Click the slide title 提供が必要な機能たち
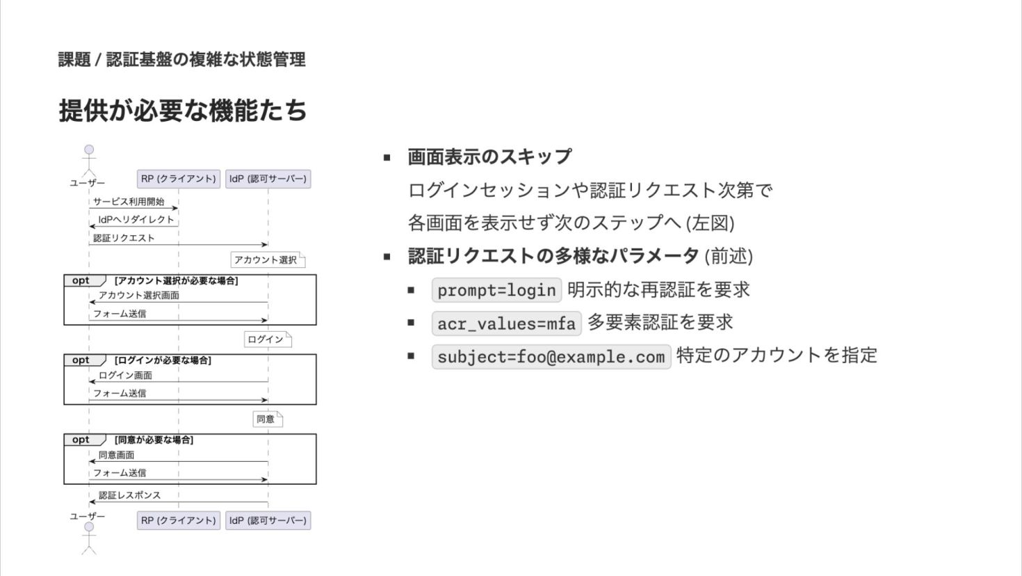[x=183, y=110]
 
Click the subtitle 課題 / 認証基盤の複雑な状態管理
[x=182, y=60]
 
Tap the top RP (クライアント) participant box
[x=179, y=179]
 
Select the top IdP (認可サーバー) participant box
[x=268, y=179]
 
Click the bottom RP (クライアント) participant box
[x=179, y=520]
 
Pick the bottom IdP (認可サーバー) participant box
[x=268, y=520]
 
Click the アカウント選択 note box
[x=266, y=260]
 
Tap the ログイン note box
[x=266, y=339]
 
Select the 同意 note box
[x=266, y=419]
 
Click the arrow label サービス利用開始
[x=129, y=202]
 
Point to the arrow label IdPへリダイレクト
[x=136, y=220]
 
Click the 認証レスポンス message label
[x=129, y=495]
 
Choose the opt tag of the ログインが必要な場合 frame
[x=81, y=360]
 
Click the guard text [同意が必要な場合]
[x=154, y=440]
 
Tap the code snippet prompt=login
[x=496, y=290]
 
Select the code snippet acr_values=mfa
[x=506, y=323]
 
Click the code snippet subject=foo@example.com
[x=551, y=357]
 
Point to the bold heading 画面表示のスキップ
[x=490, y=157]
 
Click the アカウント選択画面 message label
[x=139, y=296]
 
